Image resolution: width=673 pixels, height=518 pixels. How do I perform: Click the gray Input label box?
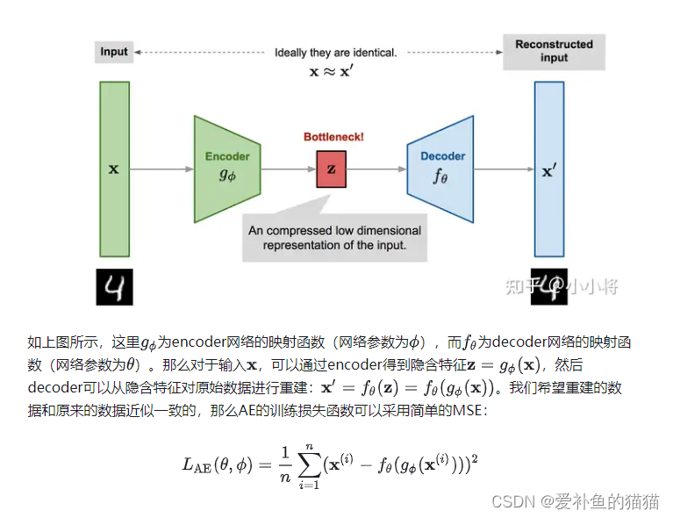113,52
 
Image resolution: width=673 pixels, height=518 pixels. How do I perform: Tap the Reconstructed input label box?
554,51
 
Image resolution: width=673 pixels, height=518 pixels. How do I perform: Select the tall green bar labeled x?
113,169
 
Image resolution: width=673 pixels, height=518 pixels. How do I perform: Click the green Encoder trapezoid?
226,168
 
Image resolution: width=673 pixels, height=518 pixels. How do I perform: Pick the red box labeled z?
332,169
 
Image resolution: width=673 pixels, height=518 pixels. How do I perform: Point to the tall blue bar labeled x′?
549,169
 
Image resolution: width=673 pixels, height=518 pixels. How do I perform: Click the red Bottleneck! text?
333,137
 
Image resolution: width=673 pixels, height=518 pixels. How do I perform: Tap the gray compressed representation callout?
334,237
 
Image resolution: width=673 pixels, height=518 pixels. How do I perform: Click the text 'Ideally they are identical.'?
335,53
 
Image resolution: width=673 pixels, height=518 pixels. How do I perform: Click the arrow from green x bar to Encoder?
162,169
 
